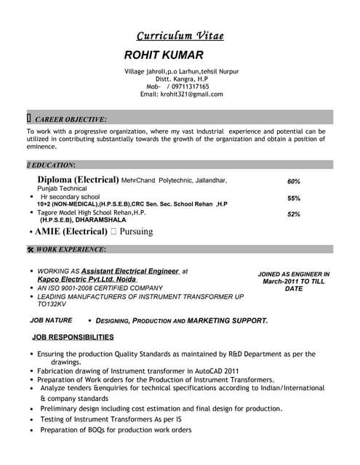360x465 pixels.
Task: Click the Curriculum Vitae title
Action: pyautogui.click(x=180, y=36)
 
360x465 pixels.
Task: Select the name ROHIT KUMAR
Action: pyautogui.click(x=164, y=55)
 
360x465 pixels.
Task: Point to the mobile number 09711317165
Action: pyautogui.click(x=188, y=86)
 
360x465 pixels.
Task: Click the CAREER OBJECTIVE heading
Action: pyautogui.click(x=71, y=118)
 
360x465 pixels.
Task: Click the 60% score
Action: pyautogui.click(x=294, y=182)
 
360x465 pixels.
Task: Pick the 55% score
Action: pyautogui.click(x=294, y=198)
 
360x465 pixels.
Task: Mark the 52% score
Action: pyautogui.click(x=294, y=214)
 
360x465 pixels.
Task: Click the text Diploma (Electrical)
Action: pyautogui.click(x=78, y=179)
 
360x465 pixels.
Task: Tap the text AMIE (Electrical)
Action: pyautogui.click(x=71, y=232)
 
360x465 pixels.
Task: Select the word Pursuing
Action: pyautogui.click(x=136, y=232)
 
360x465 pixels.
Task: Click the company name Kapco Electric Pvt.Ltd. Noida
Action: pyautogui.click(x=87, y=279)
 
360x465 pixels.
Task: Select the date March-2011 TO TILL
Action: pyautogui.click(x=294, y=281)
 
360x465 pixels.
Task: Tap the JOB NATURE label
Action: pyautogui.click(x=51, y=320)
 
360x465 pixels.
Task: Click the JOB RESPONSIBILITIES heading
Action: pyautogui.click(x=73, y=337)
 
